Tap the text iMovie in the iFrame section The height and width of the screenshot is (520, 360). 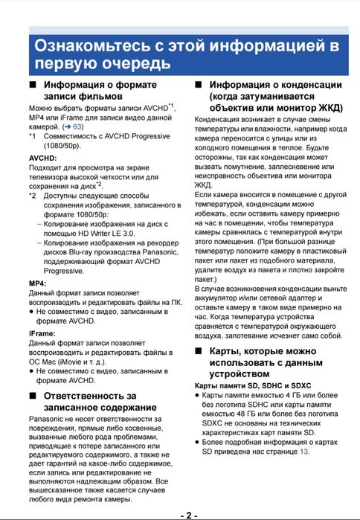(x=89, y=361)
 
